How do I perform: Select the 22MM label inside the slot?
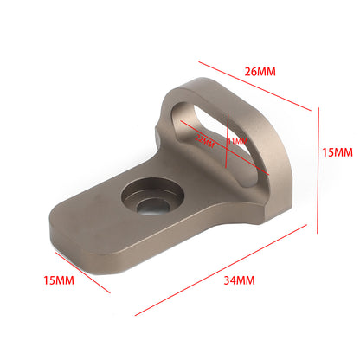(x=205, y=140)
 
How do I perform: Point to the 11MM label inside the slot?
(x=236, y=140)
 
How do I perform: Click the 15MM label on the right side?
(x=337, y=152)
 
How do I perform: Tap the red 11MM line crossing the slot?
(x=227, y=143)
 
